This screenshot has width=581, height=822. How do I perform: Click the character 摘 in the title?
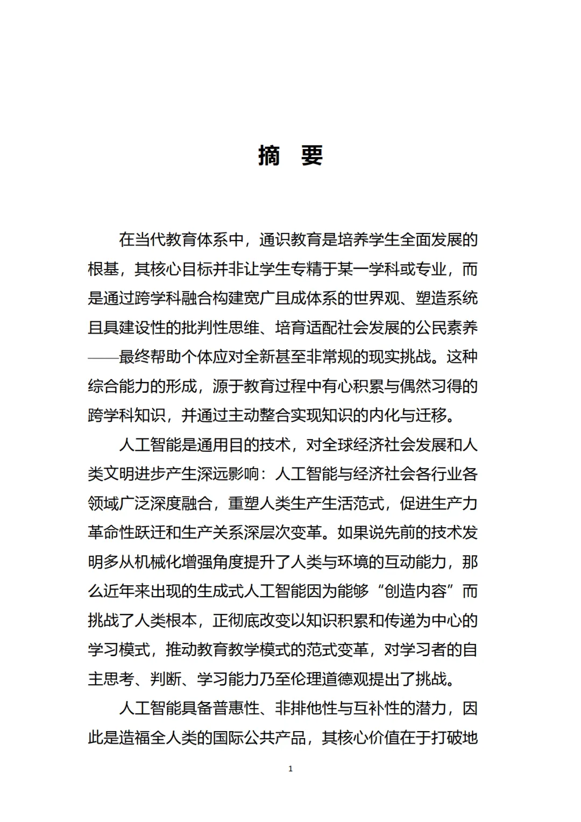coord(269,156)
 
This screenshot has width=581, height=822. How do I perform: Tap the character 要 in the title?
coord(311,156)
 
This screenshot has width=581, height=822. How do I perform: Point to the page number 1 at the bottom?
coord(290,769)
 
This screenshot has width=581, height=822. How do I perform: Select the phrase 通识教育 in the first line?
coord(290,239)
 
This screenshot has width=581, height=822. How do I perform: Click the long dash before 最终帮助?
coord(103,357)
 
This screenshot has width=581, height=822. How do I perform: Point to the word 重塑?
coord(244,504)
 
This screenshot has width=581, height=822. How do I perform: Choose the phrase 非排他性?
coord(306,708)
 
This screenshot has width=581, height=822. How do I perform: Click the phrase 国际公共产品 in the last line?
coord(259,738)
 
